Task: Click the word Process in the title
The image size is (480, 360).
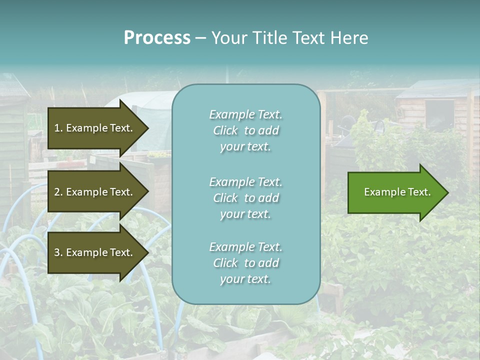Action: point(157,38)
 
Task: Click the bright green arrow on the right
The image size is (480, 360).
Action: point(395,192)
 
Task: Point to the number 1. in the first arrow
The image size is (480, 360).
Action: point(58,128)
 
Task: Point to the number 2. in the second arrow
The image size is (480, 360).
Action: point(58,192)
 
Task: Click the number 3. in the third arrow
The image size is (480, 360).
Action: point(58,252)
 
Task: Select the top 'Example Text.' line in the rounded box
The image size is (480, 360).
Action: point(245,114)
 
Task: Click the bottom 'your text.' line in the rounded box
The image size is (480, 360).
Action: point(245,279)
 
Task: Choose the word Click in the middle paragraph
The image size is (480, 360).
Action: point(225,198)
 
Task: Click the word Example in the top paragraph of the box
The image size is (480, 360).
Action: point(231,114)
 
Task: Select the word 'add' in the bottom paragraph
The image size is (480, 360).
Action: point(269,263)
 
